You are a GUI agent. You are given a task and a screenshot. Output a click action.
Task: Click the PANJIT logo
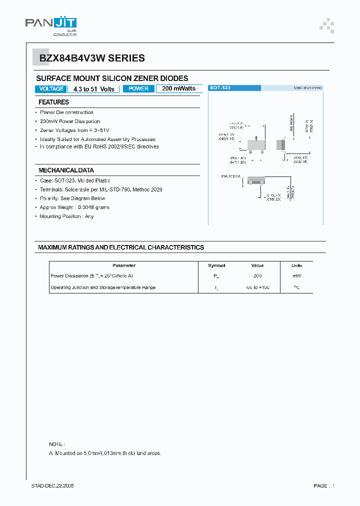tap(51, 24)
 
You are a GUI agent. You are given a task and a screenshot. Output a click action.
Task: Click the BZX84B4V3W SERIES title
tap(92, 58)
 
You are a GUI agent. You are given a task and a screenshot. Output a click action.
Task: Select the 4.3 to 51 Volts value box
tap(93, 89)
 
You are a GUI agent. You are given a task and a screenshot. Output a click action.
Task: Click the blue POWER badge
tap(138, 89)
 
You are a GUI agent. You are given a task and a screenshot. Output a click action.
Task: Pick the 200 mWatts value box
tap(178, 88)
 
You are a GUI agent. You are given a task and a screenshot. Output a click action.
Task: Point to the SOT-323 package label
tap(220, 87)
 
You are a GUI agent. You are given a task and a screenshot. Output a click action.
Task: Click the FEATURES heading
tap(53, 102)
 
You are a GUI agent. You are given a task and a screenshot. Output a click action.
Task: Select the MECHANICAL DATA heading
tap(66, 170)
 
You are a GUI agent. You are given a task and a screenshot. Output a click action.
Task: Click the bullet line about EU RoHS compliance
tap(99, 147)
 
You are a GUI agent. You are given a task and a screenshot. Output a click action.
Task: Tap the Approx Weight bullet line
tap(74, 207)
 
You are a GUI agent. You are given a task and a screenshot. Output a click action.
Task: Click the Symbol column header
tap(216, 265)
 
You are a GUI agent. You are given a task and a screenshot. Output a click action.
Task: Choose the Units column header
tap(297, 265)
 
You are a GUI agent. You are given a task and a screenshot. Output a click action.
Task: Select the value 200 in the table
tap(257, 276)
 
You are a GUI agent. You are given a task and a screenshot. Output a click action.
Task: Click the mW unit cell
tap(297, 276)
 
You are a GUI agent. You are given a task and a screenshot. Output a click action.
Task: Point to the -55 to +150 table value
tap(257, 287)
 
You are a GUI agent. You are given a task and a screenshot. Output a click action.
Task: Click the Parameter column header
tap(124, 265)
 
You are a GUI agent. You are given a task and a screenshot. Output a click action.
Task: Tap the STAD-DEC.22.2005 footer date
tap(52, 486)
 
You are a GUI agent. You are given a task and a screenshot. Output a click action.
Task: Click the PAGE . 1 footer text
tap(324, 486)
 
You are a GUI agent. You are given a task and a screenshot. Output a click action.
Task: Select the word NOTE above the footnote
tap(56, 444)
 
